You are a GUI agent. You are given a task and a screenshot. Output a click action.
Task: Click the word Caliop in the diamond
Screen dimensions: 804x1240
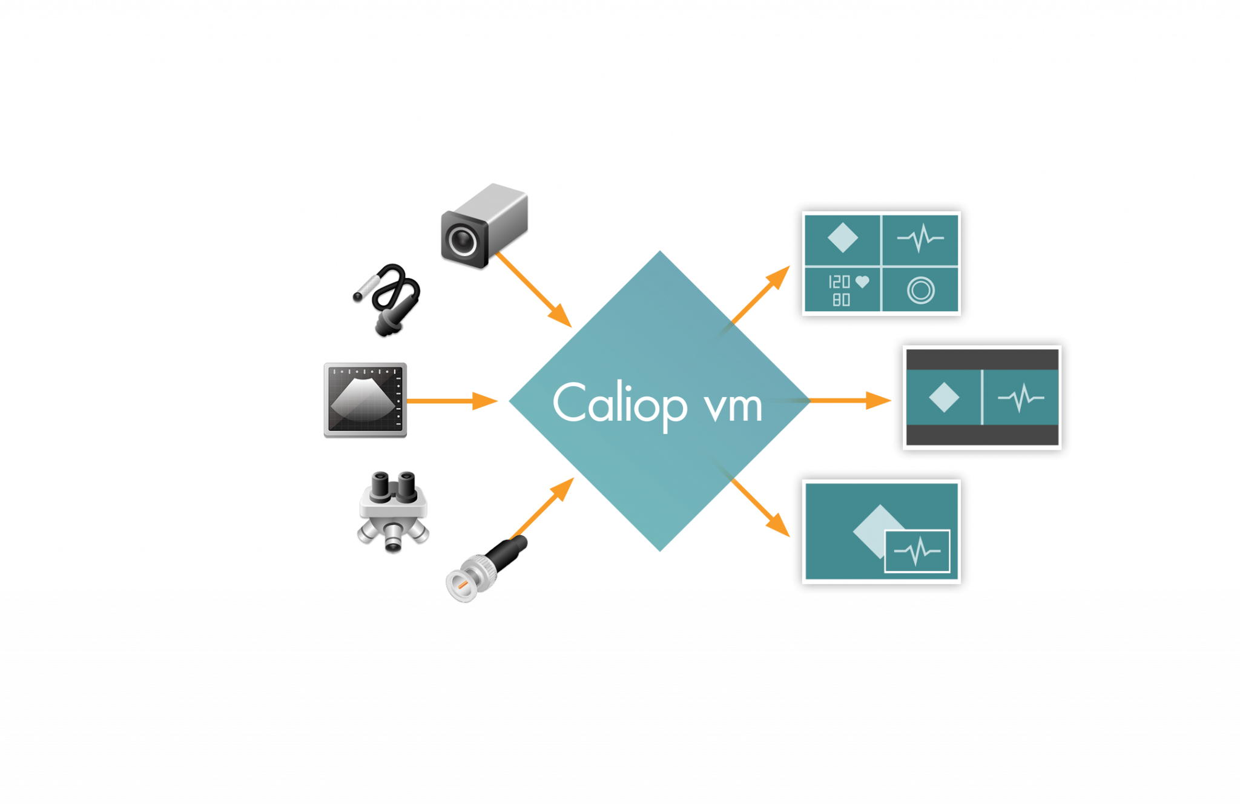(x=619, y=404)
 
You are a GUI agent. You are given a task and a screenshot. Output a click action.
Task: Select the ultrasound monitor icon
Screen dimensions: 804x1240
(x=365, y=400)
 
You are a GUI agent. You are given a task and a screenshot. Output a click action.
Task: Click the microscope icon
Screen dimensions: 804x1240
(x=394, y=512)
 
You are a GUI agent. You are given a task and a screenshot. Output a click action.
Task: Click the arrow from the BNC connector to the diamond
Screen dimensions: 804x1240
(x=542, y=509)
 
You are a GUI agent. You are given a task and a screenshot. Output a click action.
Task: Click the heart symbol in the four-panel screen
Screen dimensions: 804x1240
(x=862, y=282)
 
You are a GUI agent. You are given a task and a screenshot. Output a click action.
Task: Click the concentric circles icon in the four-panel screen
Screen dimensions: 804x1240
(x=921, y=290)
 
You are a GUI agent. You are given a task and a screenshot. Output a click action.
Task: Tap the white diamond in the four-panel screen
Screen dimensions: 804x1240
(x=842, y=238)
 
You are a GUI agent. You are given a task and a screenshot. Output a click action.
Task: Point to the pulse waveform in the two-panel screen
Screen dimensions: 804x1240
(x=1021, y=398)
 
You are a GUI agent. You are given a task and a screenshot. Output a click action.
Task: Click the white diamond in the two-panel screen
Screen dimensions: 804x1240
(x=943, y=398)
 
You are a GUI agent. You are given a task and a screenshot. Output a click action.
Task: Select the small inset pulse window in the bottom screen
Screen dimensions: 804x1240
(x=917, y=551)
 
